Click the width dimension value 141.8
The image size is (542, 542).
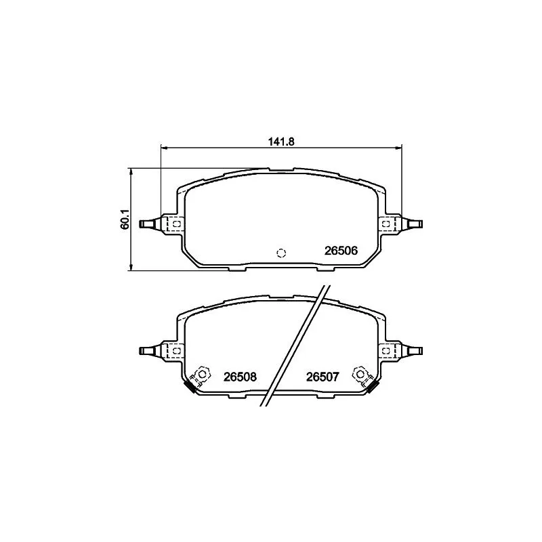tap(281, 142)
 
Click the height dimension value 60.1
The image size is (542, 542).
tap(125, 219)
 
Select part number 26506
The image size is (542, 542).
tap(341, 251)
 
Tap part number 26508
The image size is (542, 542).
tap(240, 377)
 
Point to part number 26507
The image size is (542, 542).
tap(323, 377)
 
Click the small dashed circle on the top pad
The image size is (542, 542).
tap(281, 253)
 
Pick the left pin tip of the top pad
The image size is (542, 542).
tap(141, 224)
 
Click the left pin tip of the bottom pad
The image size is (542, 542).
tap(141, 351)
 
